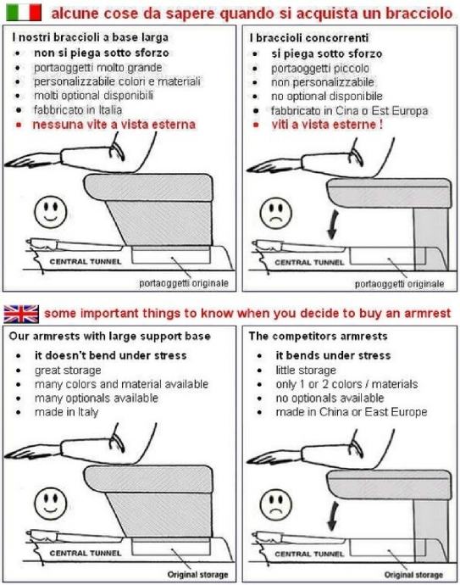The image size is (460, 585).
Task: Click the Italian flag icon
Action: point(24,13)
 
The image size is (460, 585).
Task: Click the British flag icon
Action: point(21,314)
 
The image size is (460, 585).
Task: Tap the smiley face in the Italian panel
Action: point(51,212)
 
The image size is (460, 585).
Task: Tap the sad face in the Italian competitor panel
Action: point(276,213)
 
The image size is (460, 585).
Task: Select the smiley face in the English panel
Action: point(51,504)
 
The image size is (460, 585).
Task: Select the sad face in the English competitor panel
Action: point(276,504)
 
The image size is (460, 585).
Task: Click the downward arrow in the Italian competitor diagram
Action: point(333,225)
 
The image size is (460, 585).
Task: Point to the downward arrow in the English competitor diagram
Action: point(333,516)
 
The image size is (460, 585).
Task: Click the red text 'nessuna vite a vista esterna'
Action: point(114,125)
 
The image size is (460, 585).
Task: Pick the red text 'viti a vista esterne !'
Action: point(327,125)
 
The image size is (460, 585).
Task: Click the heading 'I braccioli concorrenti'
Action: point(309,38)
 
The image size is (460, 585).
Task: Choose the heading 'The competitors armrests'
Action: point(318,336)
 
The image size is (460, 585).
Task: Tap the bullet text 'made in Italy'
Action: point(67,412)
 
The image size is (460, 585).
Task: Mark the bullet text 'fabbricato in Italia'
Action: point(78,110)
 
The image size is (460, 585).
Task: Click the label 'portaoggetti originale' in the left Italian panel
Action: point(184,283)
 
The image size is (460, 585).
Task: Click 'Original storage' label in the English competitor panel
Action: point(413,575)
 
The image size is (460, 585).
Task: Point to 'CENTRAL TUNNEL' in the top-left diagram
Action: point(86,261)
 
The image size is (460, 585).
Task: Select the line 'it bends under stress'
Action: point(333,355)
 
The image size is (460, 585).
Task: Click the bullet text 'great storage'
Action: point(68,370)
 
